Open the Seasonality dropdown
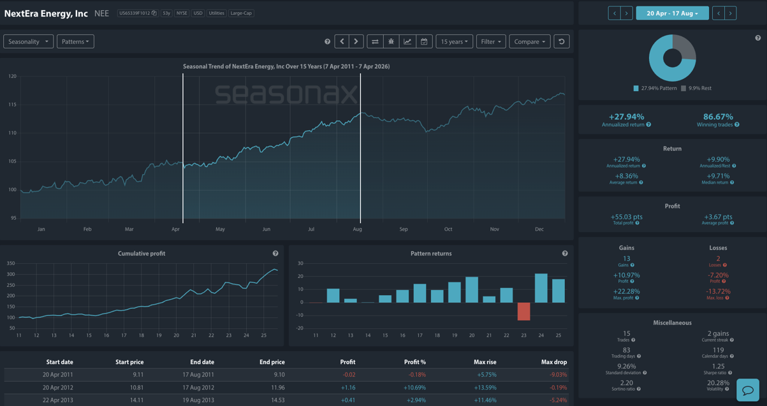pyautogui.click(x=28, y=41)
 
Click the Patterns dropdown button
pyautogui.click(x=75, y=41)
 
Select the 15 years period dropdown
pyautogui.click(x=454, y=41)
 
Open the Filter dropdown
pyautogui.click(x=490, y=41)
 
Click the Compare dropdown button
pyautogui.click(x=529, y=41)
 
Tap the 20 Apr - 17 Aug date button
pyautogui.click(x=672, y=13)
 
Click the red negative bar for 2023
pyautogui.click(x=523, y=311)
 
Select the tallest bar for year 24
pyautogui.click(x=541, y=288)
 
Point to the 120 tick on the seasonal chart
pyautogui.click(x=12, y=76)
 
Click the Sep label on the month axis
pyautogui.click(x=404, y=229)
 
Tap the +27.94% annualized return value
pyautogui.click(x=626, y=117)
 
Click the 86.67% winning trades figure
pyautogui.click(x=718, y=117)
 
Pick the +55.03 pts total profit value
pyautogui.click(x=626, y=217)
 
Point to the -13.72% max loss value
pyautogui.click(x=718, y=291)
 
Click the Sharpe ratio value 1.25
pyautogui.click(x=718, y=366)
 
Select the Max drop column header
pyautogui.click(x=553, y=362)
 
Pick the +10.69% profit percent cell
pyautogui.click(x=414, y=388)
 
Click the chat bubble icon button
pyautogui.click(x=748, y=389)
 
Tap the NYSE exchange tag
pyautogui.click(x=182, y=13)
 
